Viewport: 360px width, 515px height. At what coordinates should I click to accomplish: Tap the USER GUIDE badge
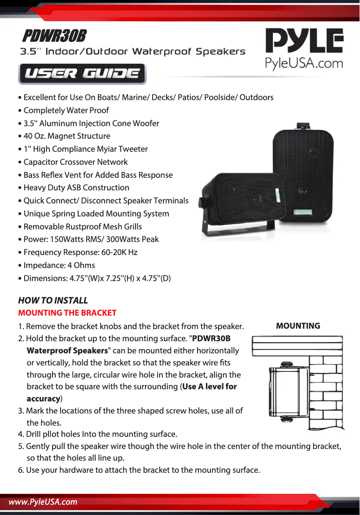(82, 74)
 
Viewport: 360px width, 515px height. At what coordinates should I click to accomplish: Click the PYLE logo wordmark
(304, 41)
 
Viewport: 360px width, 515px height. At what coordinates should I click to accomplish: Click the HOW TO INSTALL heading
(53, 300)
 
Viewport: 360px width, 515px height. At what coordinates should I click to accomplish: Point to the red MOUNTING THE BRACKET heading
(67, 313)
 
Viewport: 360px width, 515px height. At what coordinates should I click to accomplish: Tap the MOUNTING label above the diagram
(298, 326)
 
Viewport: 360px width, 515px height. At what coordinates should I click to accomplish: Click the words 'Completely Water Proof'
(66, 110)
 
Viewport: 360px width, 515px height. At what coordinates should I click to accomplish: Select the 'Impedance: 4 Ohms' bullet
(59, 265)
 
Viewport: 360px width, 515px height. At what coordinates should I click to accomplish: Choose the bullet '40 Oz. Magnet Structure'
(67, 136)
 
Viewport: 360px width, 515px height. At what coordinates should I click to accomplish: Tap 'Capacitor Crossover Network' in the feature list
(75, 162)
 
